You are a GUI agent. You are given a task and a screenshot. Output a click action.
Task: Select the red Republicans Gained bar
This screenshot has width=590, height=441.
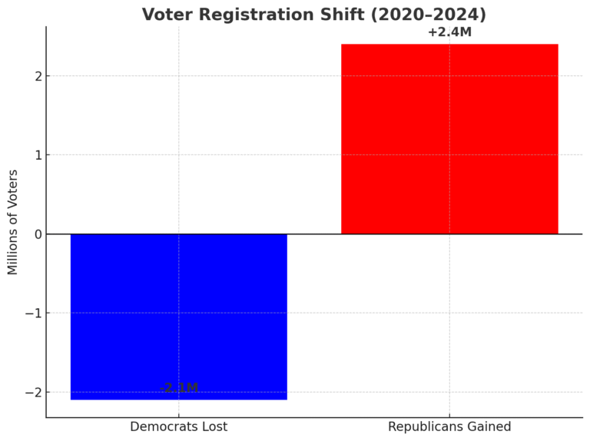pyautogui.click(x=449, y=139)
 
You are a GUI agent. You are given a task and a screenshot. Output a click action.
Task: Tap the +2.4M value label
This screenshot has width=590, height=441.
pyautogui.click(x=449, y=32)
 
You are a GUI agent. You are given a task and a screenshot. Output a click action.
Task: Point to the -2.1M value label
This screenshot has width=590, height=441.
pyautogui.click(x=179, y=388)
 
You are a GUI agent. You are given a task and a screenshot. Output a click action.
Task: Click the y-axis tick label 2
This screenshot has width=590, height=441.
pyautogui.click(x=37, y=76)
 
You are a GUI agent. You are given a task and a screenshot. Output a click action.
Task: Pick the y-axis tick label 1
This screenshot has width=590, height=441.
pyautogui.click(x=37, y=155)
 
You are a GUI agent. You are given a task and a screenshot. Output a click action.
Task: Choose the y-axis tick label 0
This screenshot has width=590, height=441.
pyautogui.click(x=37, y=234)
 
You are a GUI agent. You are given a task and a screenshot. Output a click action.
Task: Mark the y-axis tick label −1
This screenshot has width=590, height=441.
pyautogui.click(x=33, y=313)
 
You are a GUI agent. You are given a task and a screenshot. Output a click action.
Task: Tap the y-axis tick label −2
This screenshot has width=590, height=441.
pyautogui.click(x=33, y=393)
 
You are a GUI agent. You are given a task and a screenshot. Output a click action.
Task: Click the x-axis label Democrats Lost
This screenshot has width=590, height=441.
pyautogui.click(x=178, y=426)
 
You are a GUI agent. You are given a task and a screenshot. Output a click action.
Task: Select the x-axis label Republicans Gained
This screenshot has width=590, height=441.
pyautogui.click(x=449, y=426)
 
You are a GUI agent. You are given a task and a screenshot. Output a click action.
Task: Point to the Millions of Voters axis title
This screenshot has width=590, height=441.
pyautogui.click(x=13, y=222)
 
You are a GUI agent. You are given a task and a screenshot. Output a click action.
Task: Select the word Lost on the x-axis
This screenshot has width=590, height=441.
pyautogui.click(x=211, y=426)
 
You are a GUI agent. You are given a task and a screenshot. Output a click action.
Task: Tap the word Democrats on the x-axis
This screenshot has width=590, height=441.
pyautogui.click(x=161, y=426)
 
